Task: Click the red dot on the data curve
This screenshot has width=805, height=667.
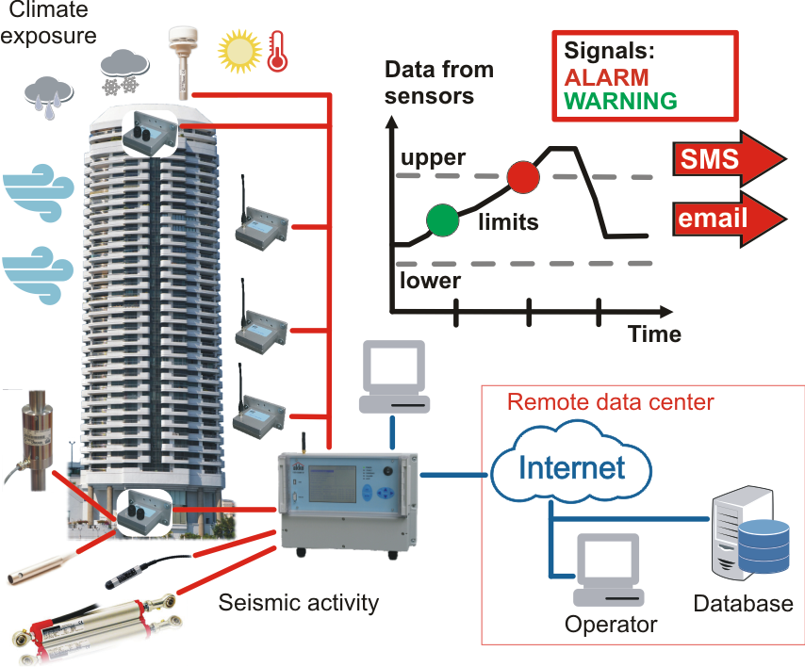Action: coord(523,176)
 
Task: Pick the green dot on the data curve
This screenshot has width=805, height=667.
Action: coord(442,219)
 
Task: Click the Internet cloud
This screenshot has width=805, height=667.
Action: coord(559,466)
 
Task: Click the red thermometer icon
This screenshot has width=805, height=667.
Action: coord(277,51)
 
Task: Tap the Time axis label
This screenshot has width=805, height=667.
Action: coord(654,333)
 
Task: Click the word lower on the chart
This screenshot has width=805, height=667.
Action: coord(430,281)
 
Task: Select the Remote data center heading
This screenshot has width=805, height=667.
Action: coord(611,402)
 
